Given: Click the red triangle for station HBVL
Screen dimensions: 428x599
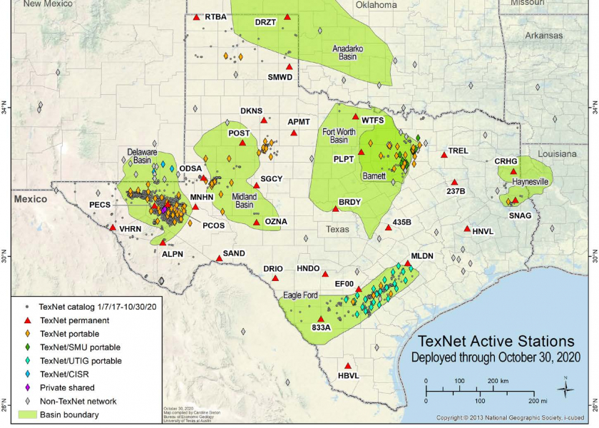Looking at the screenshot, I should click(347, 366).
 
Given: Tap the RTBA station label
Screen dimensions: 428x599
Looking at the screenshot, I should click(215, 16).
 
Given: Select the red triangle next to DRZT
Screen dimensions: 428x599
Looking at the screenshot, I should click(287, 16).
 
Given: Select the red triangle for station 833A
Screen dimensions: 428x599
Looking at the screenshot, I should click(321, 319).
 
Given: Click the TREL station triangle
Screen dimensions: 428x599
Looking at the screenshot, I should click(444, 154).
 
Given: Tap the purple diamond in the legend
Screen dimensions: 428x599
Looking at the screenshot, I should click(27, 388).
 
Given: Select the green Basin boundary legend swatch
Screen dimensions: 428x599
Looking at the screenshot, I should click(27, 414).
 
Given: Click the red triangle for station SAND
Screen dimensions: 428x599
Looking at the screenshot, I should click(219, 258).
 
